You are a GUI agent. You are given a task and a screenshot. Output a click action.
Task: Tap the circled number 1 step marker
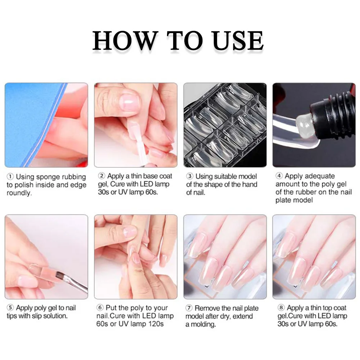(10, 177)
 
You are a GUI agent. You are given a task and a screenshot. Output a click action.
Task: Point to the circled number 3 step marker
(190, 176)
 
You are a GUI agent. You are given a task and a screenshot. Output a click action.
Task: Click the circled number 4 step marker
(279, 176)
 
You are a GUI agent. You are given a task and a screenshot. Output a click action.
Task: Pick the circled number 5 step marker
(10, 307)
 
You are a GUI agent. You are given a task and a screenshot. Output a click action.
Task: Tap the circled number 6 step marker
(100, 307)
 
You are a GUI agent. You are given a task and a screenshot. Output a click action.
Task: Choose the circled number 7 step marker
(189, 308)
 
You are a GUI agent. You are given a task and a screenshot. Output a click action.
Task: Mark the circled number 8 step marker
(281, 307)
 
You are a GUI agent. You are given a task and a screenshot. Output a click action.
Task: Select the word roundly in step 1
(19, 193)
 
